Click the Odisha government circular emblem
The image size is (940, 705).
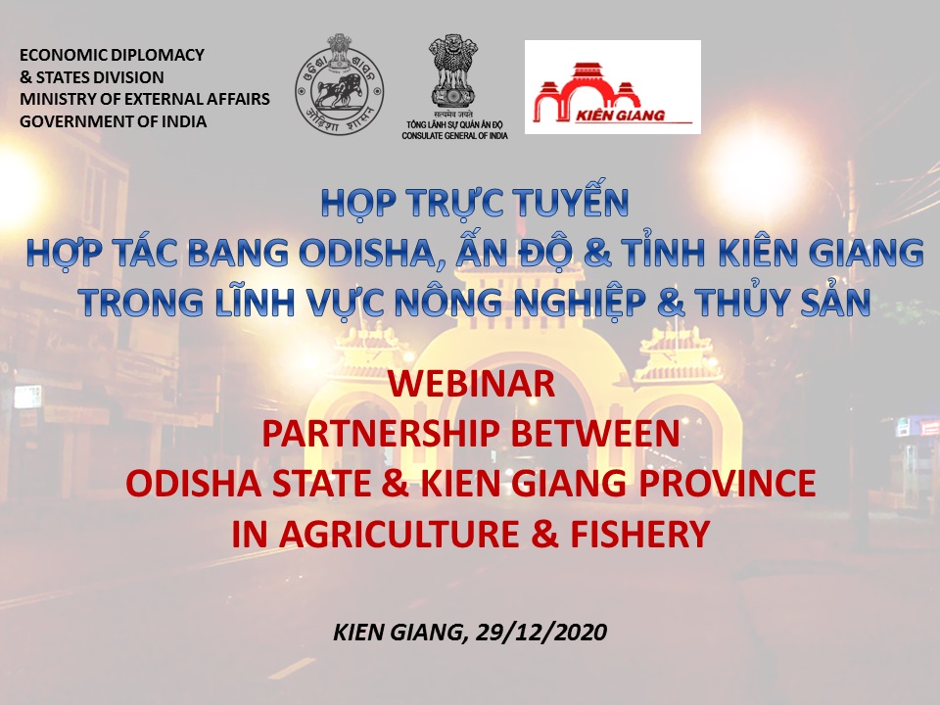(339, 84)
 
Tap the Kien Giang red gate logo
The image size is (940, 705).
(613, 87)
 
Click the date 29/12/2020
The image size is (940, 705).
(540, 632)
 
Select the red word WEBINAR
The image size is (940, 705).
(471, 384)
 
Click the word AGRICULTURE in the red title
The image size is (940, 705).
(399, 535)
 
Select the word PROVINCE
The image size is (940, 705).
(727, 484)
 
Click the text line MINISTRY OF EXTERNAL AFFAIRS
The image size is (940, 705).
(145, 99)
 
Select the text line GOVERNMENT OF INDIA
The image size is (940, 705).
(114, 121)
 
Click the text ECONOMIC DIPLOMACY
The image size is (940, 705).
(112, 55)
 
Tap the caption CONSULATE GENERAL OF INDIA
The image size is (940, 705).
(454, 136)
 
